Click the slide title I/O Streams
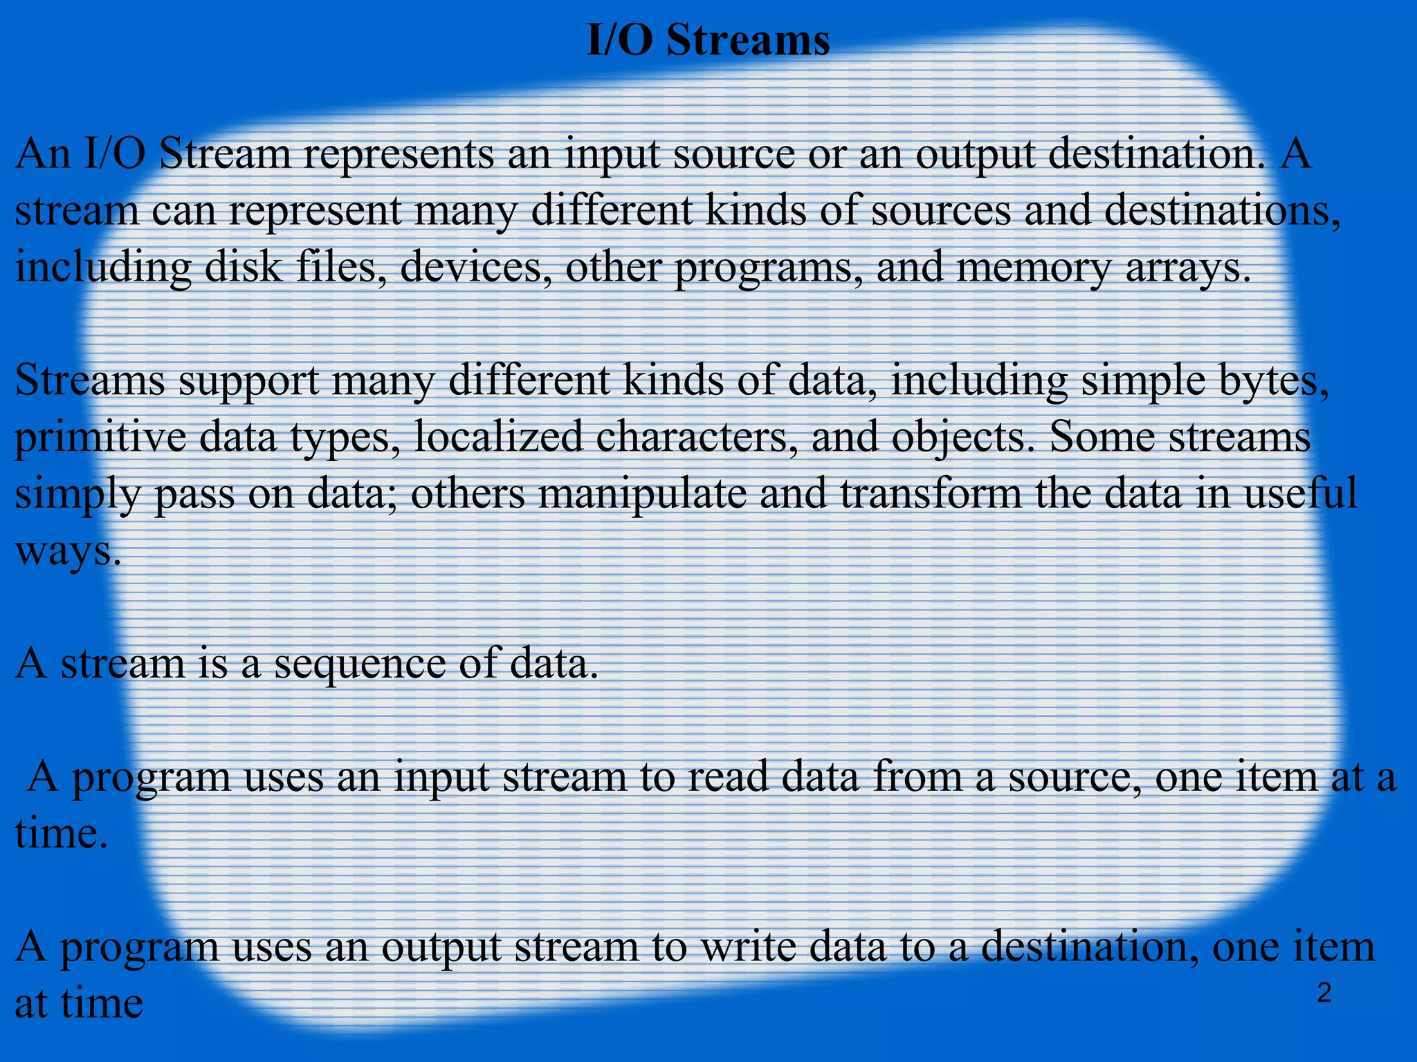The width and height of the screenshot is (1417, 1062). [708, 40]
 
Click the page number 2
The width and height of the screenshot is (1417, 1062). [1323, 994]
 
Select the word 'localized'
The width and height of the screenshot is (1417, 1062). [498, 438]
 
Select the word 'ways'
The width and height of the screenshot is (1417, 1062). [68, 551]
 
